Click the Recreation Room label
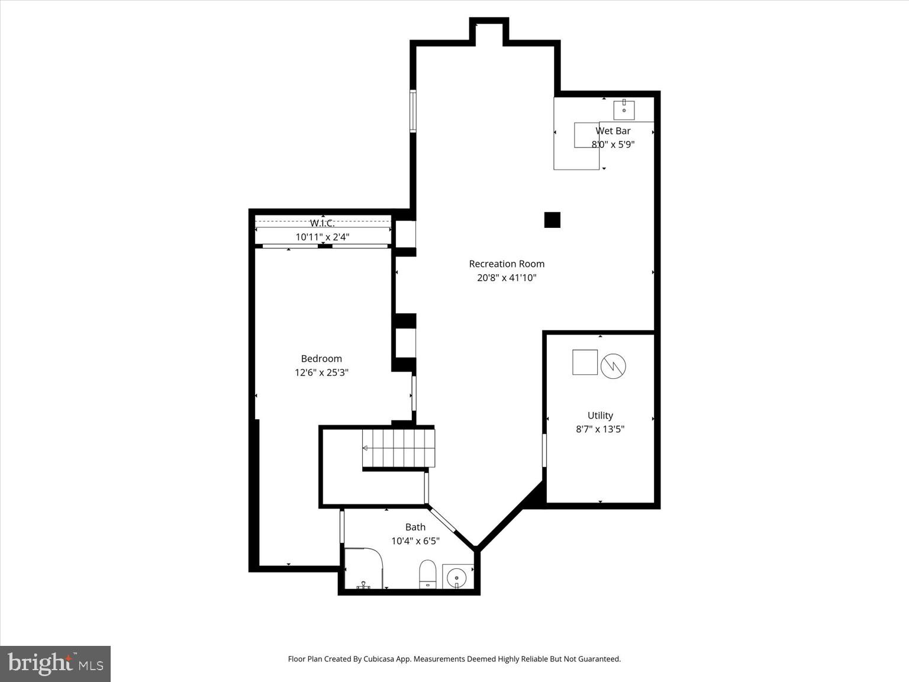pyautogui.click(x=507, y=264)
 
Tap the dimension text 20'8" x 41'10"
pyautogui.click(x=507, y=278)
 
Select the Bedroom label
pyautogui.click(x=321, y=359)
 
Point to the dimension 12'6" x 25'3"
pyautogui.click(x=321, y=372)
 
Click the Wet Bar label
pyautogui.click(x=613, y=131)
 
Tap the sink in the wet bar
pyautogui.click(x=624, y=110)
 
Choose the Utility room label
pyautogui.click(x=600, y=416)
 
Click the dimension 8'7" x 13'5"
pyautogui.click(x=600, y=429)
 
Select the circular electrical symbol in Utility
pyautogui.click(x=613, y=366)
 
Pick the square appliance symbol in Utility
pyautogui.click(x=585, y=362)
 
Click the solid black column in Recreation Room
pyautogui.click(x=552, y=220)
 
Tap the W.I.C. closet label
pyautogui.click(x=323, y=223)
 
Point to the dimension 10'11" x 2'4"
pyautogui.click(x=323, y=237)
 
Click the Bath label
pyautogui.click(x=415, y=527)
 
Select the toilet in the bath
pyautogui.click(x=427, y=575)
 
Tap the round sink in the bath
pyautogui.click(x=457, y=577)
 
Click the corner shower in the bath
pyautogui.click(x=362, y=568)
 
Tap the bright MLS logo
pyautogui.click(x=55, y=664)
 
